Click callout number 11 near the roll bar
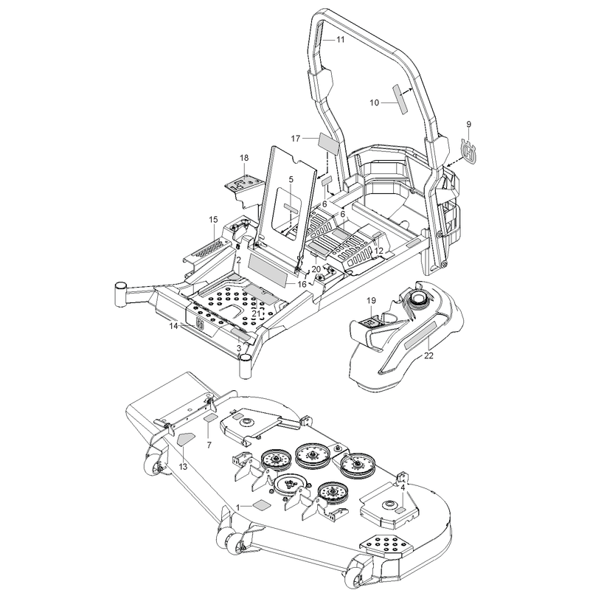[340, 40]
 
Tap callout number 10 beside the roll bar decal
[375, 103]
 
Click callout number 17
[296, 139]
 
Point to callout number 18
[244, 158]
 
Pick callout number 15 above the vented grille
[213, 220]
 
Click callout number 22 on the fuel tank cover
[428, 355]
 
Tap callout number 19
[371, 301]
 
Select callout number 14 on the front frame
[173, 326]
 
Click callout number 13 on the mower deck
[183, 467]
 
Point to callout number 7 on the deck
[209, 445]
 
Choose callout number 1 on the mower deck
[237, 507]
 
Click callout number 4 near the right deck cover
[403, 487]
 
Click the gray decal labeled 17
[329, 142]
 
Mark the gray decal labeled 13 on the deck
[186, 439]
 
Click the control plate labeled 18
[243, 186]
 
